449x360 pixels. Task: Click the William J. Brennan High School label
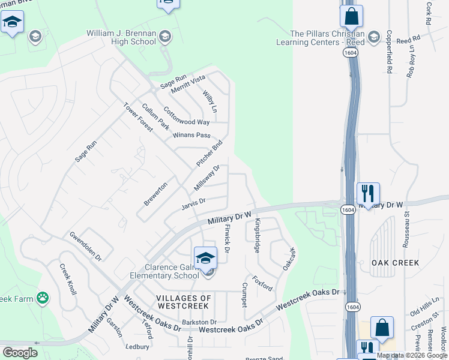[121, 37]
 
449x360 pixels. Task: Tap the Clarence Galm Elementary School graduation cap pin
[205, 259]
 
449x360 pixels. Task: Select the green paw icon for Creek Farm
[42, 298]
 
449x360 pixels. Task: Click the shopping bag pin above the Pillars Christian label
[351, 16]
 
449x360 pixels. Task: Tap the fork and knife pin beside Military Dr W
[368, 193]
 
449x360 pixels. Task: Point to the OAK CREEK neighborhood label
[395, 263]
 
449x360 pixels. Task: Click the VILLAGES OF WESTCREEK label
[184, 302]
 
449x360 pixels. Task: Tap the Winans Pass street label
[191, 135]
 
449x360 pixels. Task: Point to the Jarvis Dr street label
[193, 205]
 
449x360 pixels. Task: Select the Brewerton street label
[155, 194]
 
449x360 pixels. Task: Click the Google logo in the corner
[20, 353]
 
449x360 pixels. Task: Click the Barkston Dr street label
[200, 322]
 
